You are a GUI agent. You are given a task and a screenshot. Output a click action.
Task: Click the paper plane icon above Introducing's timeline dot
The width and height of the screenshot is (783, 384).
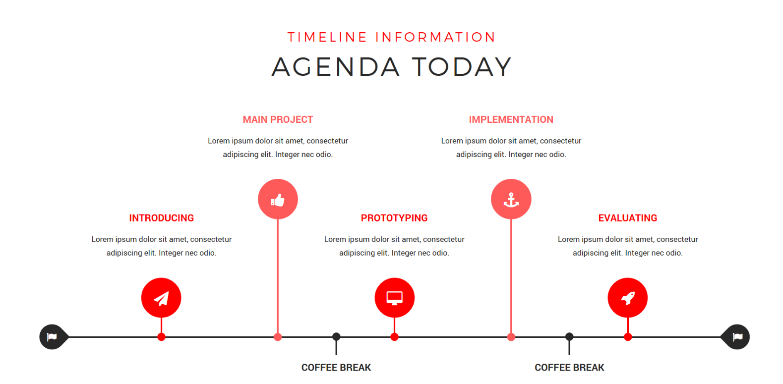[x=161, y=298]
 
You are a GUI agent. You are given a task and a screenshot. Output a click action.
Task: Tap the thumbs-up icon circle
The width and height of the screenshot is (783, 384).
[x=278, y=199]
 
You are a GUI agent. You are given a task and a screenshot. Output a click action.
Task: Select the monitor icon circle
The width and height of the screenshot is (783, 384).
[x=394, y=298]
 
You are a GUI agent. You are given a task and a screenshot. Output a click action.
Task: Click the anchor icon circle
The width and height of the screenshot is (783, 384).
[x=511, y=199]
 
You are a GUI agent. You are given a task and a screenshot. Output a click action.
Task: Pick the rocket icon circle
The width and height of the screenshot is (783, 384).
[x=627, y=298]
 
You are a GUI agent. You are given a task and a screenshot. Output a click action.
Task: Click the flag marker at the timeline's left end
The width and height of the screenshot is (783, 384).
[x=52, y=337]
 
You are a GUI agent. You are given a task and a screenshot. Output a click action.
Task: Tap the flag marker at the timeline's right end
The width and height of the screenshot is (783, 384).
[x=737, y=337]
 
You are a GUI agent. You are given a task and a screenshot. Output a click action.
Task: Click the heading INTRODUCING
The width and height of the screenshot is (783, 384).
[x=161, y=218]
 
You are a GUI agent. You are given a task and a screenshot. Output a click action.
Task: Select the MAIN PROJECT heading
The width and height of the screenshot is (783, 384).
[x=278, y=119]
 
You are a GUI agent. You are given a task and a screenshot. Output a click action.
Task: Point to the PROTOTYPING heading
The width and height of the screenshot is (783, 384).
[x=394, y=218]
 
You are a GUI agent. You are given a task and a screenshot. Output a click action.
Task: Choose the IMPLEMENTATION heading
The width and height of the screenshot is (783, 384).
[x=511, y=119]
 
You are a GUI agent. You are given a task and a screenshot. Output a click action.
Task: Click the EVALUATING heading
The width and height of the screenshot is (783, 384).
[x=627, y=218]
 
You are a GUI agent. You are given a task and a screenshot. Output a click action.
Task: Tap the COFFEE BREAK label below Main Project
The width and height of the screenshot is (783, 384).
[x=336, y=368]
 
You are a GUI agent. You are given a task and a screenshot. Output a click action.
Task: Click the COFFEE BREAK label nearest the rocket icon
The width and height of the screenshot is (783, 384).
[x=569, y=368]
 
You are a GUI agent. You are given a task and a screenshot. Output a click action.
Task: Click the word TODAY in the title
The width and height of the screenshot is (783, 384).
[x=462, y=67]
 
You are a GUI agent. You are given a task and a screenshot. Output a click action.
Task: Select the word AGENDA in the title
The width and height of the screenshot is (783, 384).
[x=336, y=67]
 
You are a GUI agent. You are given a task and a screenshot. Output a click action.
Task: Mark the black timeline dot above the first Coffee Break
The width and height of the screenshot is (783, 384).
[x=336, y=337]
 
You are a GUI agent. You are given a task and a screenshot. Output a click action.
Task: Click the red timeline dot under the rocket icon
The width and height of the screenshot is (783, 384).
[x=628, y=337]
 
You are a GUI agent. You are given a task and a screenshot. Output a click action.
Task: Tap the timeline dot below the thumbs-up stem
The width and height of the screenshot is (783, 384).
[x=278, y=337]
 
